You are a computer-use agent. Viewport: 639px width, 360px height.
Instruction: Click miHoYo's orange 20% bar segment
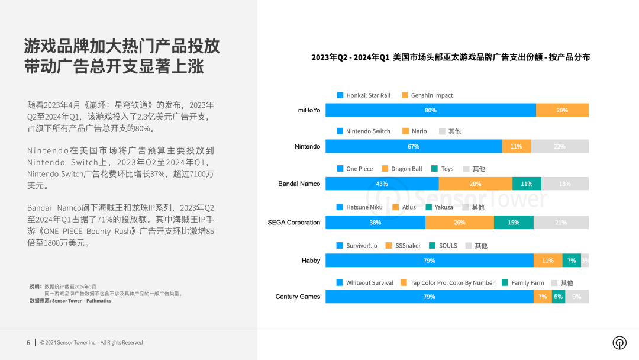pos(562,110)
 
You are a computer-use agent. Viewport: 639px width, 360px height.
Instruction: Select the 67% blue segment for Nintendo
pos(414,146)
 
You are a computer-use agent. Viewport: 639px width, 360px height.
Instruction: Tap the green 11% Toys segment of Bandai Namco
pos(527,184)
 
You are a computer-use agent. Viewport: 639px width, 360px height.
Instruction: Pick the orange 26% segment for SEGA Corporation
pos(460,223)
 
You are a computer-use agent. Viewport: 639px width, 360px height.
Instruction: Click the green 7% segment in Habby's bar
pos(572,261)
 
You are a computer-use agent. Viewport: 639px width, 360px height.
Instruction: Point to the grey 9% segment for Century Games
pos(577,297)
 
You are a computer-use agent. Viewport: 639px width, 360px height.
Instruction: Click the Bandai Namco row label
pos(299,184)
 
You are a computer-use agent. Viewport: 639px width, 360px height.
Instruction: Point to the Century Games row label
pos(298,297)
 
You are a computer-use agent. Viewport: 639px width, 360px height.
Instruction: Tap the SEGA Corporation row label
pos(293,223)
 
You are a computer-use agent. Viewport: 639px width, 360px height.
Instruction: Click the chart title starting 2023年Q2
pos(450,57)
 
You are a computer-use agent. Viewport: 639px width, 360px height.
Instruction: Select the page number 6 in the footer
pos(28,342)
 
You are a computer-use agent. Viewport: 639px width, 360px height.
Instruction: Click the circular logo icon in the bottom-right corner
pos(619,343)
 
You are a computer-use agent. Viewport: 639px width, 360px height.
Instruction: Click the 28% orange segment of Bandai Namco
pos(475,184)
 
